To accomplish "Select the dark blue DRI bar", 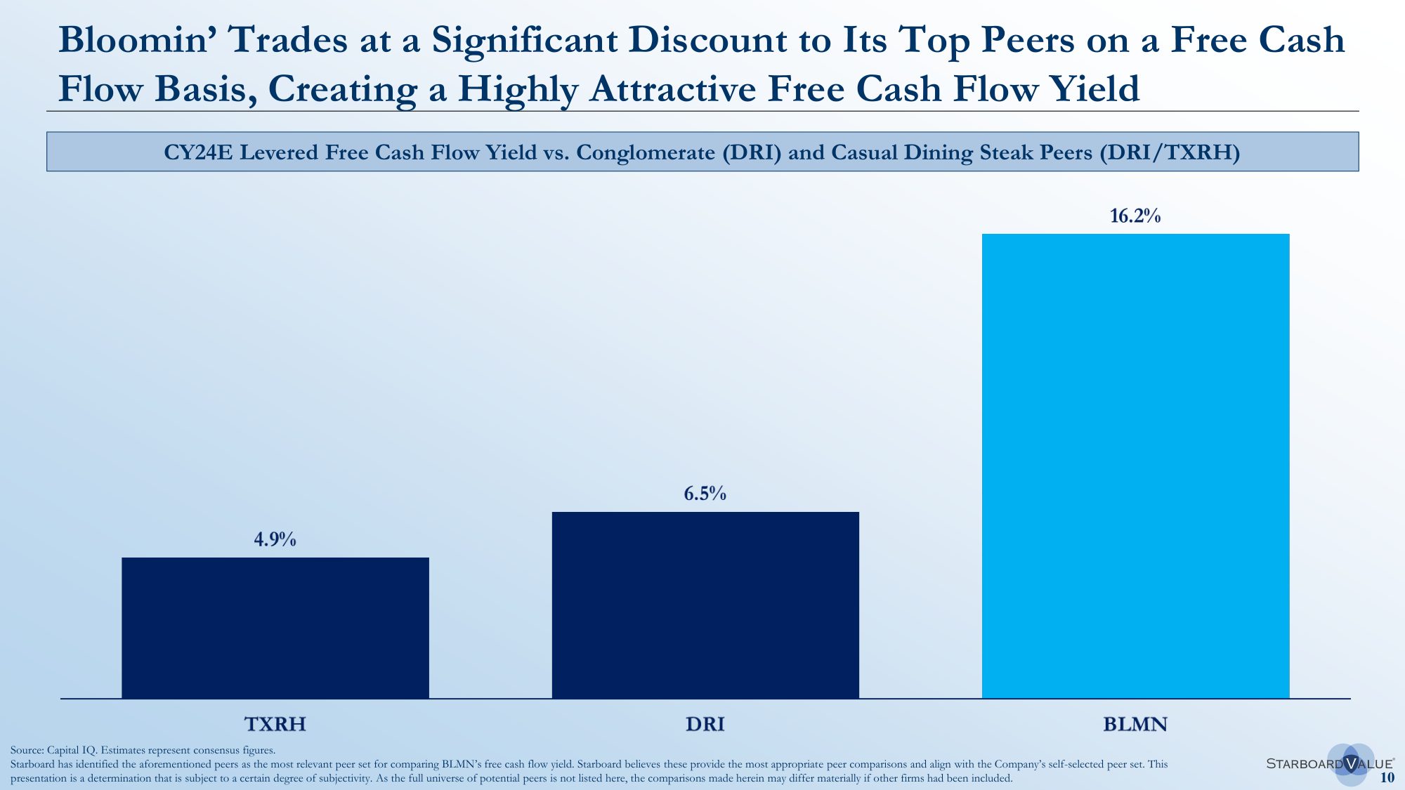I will coord(705,605).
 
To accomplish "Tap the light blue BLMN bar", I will coord(1135,466).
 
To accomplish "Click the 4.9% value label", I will coord(275,539).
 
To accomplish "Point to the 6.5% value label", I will coord(705,494).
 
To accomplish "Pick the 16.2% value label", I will coord(1135,216).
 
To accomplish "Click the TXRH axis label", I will coord(275,724).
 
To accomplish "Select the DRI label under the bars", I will coord(705,724).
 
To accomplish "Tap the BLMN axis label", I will coord(1135,724).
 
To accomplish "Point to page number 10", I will coord(1387,777).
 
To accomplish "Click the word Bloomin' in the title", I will coord(137,40).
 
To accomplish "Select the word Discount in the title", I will coord(707,40).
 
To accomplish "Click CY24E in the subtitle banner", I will coord(197,152).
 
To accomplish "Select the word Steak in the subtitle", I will coord(1000,152).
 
